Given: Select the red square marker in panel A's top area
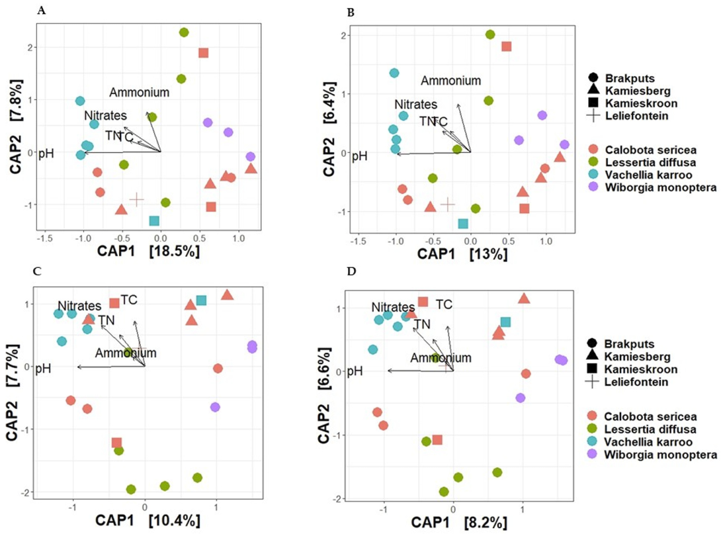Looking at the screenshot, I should pos(204,53).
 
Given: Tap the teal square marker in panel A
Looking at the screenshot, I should pos(154,220).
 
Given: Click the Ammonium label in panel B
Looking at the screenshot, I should pos(451,81).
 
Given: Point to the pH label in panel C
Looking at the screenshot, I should pos(44,367).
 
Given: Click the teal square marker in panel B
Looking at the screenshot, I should pos(463,224).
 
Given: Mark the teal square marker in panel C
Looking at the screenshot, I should pos(201,300).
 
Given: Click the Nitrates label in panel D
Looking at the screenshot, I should pos(393,308).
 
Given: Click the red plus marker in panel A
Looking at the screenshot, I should pos(136,199).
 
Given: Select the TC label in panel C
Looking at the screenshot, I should pos(129,300).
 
